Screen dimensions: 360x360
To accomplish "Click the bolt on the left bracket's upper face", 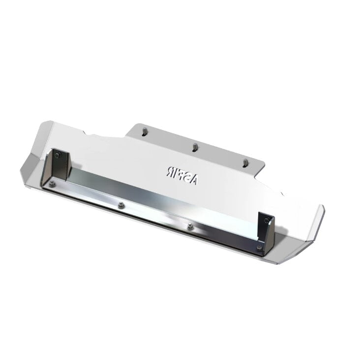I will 59,155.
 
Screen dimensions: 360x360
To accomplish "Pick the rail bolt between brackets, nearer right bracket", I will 190,226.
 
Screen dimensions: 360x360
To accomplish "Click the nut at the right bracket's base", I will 259,247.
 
